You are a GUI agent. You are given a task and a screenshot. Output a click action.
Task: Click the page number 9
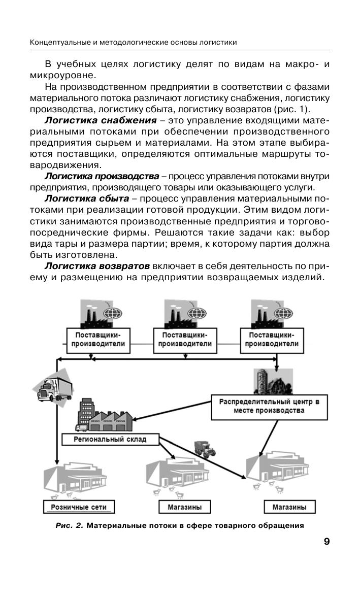(x=326, y=542)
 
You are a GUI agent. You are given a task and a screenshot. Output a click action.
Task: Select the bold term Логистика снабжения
(x=100, y=120)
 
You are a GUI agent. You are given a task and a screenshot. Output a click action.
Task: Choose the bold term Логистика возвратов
(x=97, y=265)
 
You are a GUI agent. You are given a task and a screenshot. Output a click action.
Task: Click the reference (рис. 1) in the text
(x=296, y=109)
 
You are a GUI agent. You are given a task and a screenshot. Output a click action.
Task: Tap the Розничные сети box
(x=78, y=507)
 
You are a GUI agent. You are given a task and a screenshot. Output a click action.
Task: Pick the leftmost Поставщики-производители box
(x=99, y=339)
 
